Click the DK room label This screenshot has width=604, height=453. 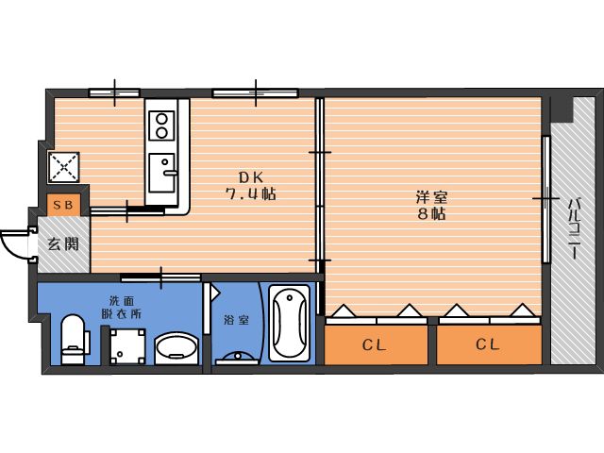pos(251,177)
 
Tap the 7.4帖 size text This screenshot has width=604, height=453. pos(250,193)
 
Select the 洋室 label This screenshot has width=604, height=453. pos(431,197)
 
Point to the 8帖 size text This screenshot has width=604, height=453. pos(431,213)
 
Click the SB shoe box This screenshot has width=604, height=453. pos(63,205)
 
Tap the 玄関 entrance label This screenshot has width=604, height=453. pos(63,243)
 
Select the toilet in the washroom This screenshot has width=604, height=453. pos(74,340)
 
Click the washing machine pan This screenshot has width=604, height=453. pos(127,346)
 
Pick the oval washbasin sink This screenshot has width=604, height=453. pos(176,348)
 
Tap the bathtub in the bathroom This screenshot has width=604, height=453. pos(290,324)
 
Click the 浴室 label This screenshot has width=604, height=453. pos(237,320)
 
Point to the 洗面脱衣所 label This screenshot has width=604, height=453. pos(122,307)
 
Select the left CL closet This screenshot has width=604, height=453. pos(376,344)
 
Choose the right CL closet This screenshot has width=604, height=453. pos(489,344)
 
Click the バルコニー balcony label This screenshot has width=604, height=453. pos(575,228)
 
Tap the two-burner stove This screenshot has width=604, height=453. pos(161,126)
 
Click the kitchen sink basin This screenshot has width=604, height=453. pos(161,173)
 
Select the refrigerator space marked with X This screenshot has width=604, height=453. pos(64,167)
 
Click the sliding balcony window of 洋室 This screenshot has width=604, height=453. pos(545,199)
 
